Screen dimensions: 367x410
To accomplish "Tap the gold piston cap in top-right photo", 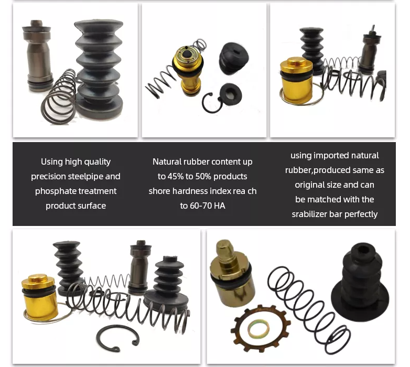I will point(296,78).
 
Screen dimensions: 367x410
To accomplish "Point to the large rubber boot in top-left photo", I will point(99,68).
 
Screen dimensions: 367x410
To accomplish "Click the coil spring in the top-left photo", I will point(59,97).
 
